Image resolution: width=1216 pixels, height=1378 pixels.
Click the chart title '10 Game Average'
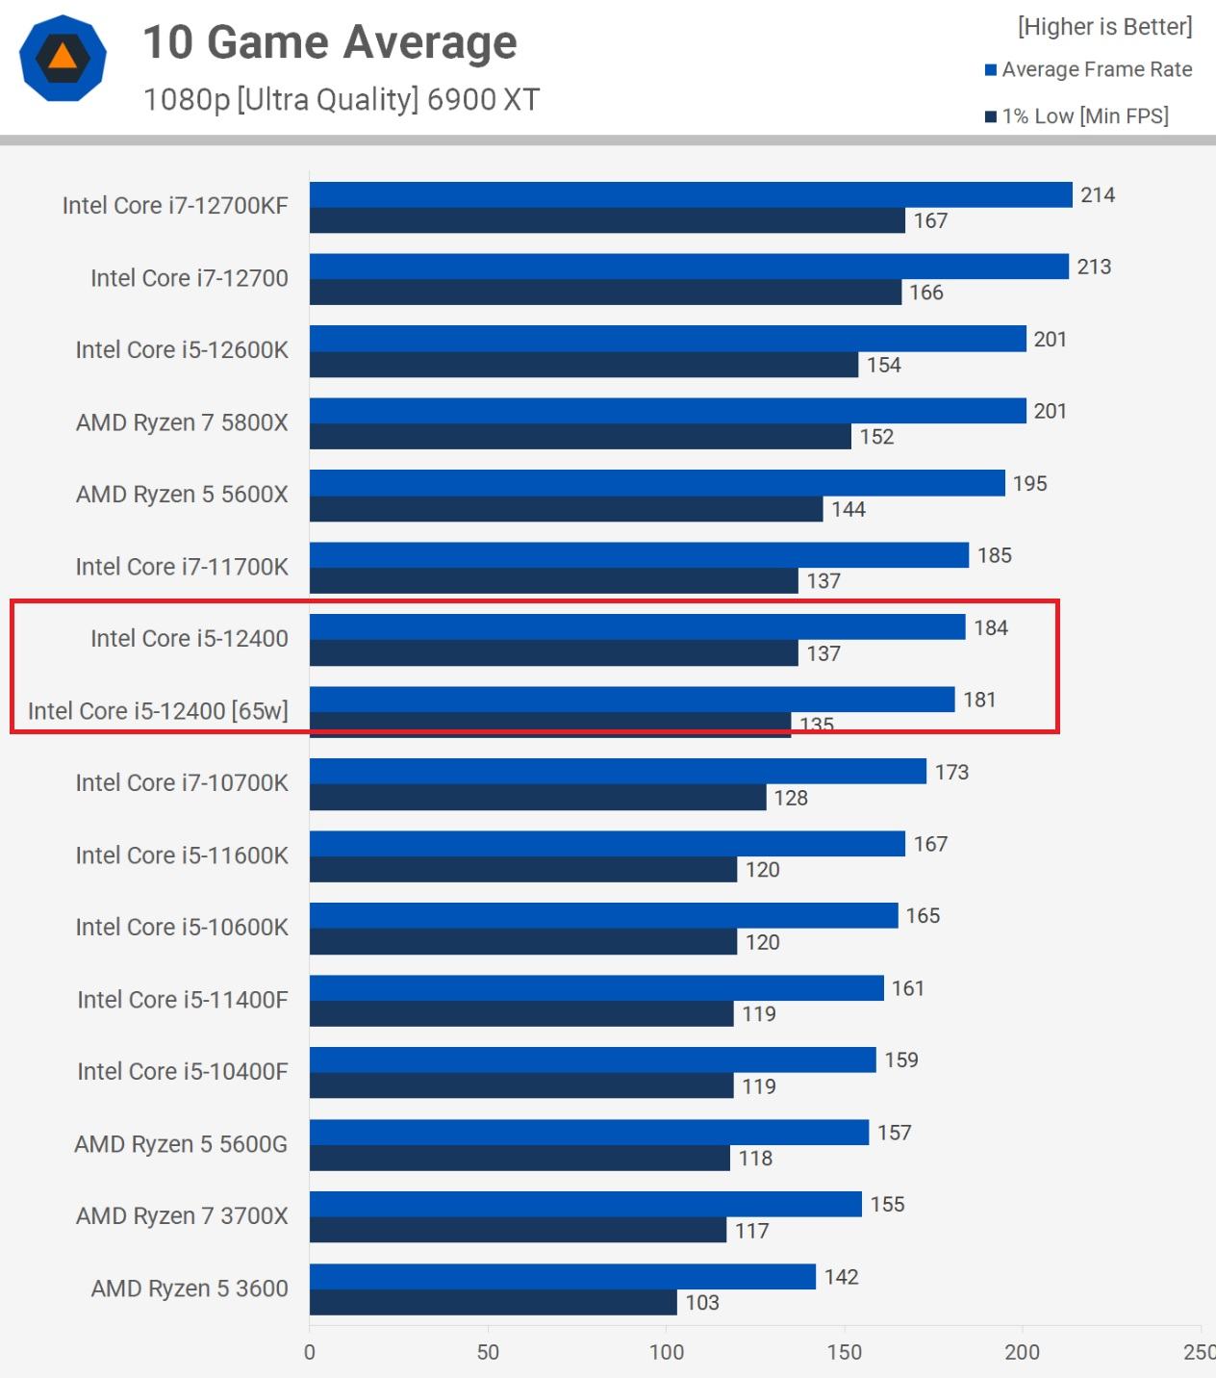330,42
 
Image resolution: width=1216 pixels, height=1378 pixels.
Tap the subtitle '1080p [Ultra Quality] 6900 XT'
341,99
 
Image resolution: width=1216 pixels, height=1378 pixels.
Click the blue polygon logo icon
63,58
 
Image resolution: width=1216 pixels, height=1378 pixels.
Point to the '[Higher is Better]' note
1104,26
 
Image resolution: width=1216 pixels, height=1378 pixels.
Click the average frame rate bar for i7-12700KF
690,194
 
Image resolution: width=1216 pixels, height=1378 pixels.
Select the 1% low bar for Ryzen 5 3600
493,1302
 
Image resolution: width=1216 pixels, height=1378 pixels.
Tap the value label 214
1098,194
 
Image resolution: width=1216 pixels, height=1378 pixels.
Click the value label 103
702,1302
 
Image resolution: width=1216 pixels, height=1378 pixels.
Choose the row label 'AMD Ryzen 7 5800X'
182,422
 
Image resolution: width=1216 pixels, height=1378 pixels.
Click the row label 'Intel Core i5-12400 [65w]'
158,711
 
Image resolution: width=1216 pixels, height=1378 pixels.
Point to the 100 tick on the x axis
666,1352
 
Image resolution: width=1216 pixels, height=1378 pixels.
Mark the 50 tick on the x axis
488,1352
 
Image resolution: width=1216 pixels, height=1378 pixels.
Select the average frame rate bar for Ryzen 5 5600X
656,483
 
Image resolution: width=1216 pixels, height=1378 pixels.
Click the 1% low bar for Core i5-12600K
583,365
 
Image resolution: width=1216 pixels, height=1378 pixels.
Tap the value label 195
1029,483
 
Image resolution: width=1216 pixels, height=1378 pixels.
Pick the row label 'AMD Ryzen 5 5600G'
181,1144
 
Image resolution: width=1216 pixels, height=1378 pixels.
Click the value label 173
951,772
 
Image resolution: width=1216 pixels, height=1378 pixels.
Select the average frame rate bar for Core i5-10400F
593,1059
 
